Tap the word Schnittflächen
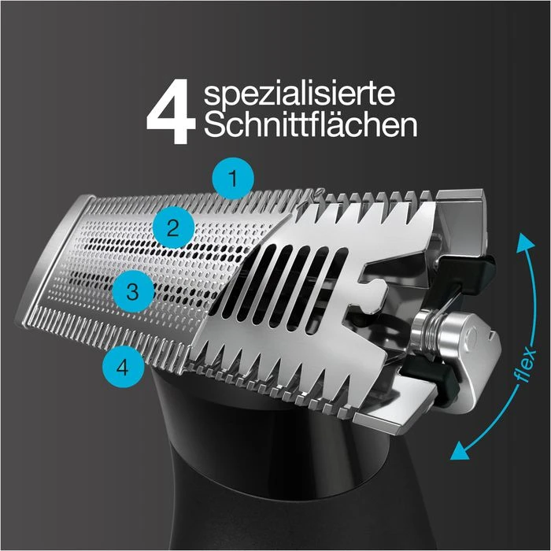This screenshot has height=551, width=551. pos(310,126)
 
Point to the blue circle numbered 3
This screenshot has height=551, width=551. pos(132,292)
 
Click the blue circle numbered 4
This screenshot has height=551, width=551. pos(119,364)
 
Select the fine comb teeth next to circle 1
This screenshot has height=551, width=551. pos(275,191)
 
